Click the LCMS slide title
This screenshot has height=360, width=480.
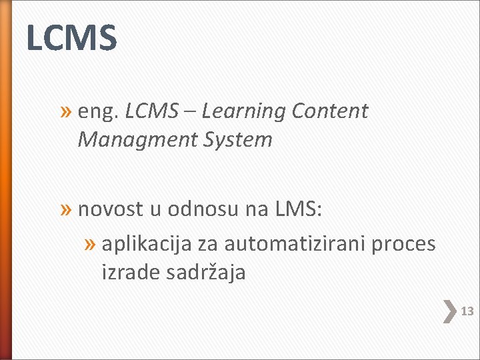pyautogui.click(x=71, y=37)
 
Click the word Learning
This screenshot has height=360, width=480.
pyautogui.click(x=243, y=112)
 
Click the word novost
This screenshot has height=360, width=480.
pyautogui.click(x=110, y=209)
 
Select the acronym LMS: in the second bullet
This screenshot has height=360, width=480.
pyautogui.click(x=298, y=209)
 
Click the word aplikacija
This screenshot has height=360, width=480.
pyautogui.click(x=147, y=245)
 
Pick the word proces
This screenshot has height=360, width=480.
pyautogui.click(x=403, y=244)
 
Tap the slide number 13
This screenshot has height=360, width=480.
pyautogui.click(x=467, y=311)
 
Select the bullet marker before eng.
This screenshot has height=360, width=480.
pyautogui.click(x=67, y=111)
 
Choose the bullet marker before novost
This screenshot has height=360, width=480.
pyautogui.click(x=67, y=210)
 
